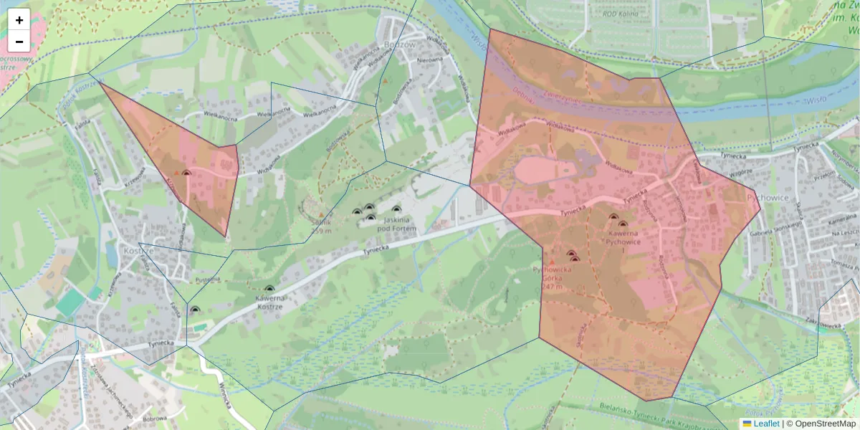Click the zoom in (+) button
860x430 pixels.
(x=19, y=20)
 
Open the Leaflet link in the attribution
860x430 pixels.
(x=766, y=424)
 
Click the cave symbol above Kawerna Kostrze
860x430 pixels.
(x=269, y=290)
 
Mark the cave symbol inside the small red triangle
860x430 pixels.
(x=186, y=173)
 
